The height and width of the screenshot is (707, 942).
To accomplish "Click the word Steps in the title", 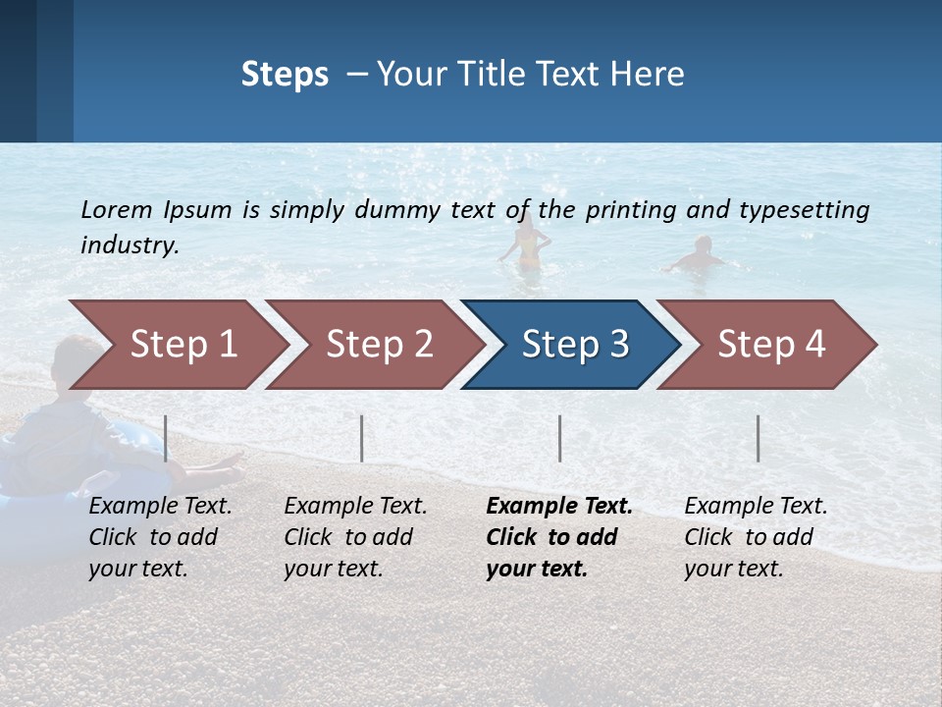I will tap(285, 75).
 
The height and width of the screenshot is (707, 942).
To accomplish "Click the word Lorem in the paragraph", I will tap(117, 209).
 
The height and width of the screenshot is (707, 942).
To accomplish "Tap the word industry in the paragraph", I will tap(129, 245).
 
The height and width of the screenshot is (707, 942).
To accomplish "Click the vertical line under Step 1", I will tap(166, 438).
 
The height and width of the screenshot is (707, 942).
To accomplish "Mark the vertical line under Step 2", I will tap(362, 438).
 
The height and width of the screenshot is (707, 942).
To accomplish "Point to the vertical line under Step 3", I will tap(560, 438).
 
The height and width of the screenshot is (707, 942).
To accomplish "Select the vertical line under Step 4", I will tap(759, 438).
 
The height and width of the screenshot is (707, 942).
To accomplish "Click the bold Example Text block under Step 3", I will tap(558, 537).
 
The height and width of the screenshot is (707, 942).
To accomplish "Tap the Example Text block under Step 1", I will tap(160, 537).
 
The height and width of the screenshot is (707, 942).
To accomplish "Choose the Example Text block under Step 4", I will tap(756, 537).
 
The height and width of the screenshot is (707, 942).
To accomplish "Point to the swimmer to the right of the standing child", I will tap(699, 255).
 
